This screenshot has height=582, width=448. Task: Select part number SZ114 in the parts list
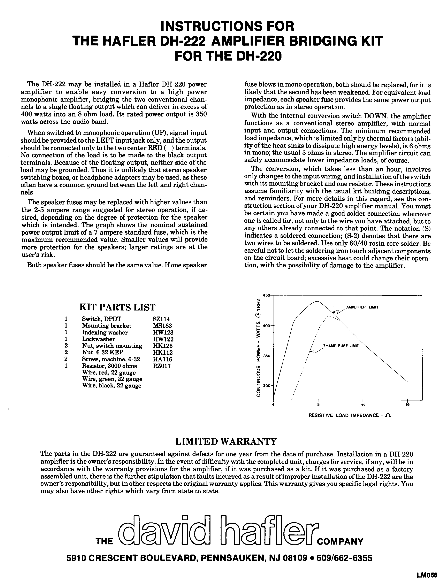point(161,319)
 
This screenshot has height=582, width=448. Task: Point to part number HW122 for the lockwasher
point(163,339)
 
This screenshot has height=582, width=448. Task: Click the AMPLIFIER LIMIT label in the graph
point(362,307)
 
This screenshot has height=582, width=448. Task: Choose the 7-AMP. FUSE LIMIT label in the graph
point(341,346)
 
